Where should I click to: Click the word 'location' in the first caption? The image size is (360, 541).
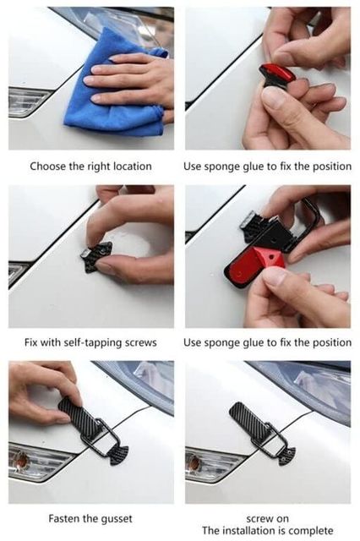click(133, 167)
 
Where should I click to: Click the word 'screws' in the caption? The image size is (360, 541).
click(140, 343)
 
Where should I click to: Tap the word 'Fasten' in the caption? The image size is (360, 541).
click(63, 518)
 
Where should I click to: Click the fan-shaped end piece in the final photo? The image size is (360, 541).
click(287, 456)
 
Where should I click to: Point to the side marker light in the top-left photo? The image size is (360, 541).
click(28, 101)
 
